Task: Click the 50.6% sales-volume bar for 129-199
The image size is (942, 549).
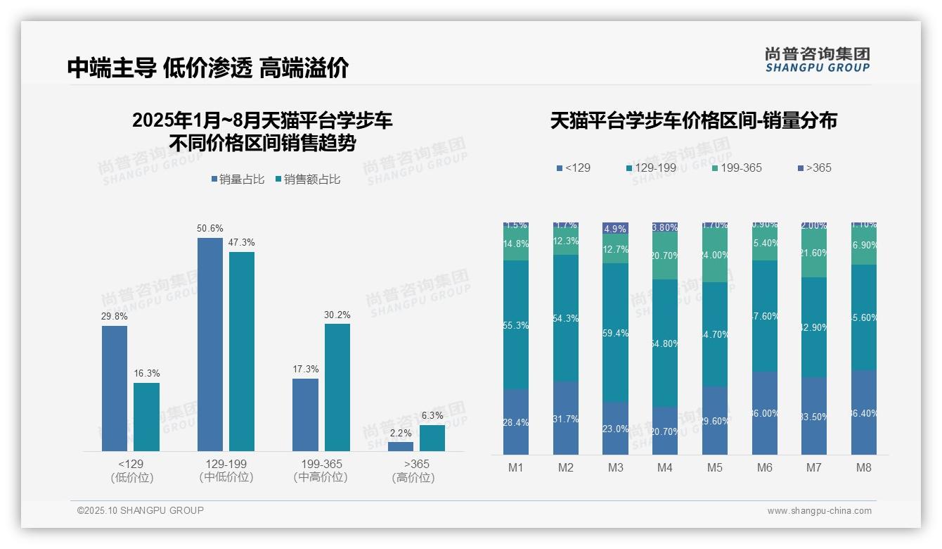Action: pyautogui.click(x=209, y=344)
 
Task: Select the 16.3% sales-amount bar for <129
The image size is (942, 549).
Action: pyautogui.click(x=146, y=417)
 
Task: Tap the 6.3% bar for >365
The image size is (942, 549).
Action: pyautogui.click(x=432, y=438)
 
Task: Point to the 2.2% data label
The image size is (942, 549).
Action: pyautogui.click(x=400, y=433)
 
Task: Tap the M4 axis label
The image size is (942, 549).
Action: pyautogui.click(x=665, y=467)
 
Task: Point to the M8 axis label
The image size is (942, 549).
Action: pyautogui.click(x=864, y=467)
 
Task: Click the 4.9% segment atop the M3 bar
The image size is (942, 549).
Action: pyautogui.click(x=615, y=228)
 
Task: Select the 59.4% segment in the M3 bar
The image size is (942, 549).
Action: pyautogui.click(x=615, y=332)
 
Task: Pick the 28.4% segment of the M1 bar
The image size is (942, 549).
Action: pyautogui.click(x=516, y=422)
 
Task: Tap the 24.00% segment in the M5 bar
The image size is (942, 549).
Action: pyautogui.click(x=715, y=255)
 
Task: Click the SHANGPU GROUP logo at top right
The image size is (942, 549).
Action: pyautogui.click(x=817, y=59)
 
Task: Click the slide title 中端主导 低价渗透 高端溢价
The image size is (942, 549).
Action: pyautogui.click(x=208, y=68)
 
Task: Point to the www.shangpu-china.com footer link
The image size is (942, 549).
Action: pyautogui.click(x=819, y=511)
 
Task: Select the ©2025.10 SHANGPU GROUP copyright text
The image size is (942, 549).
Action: pyautogui.click(x=141, y=510)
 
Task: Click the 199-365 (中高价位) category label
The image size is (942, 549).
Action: pyautogui.click(x=321, y=471)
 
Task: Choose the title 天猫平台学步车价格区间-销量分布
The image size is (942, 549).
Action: pyautogui.click(x=693, y=121)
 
